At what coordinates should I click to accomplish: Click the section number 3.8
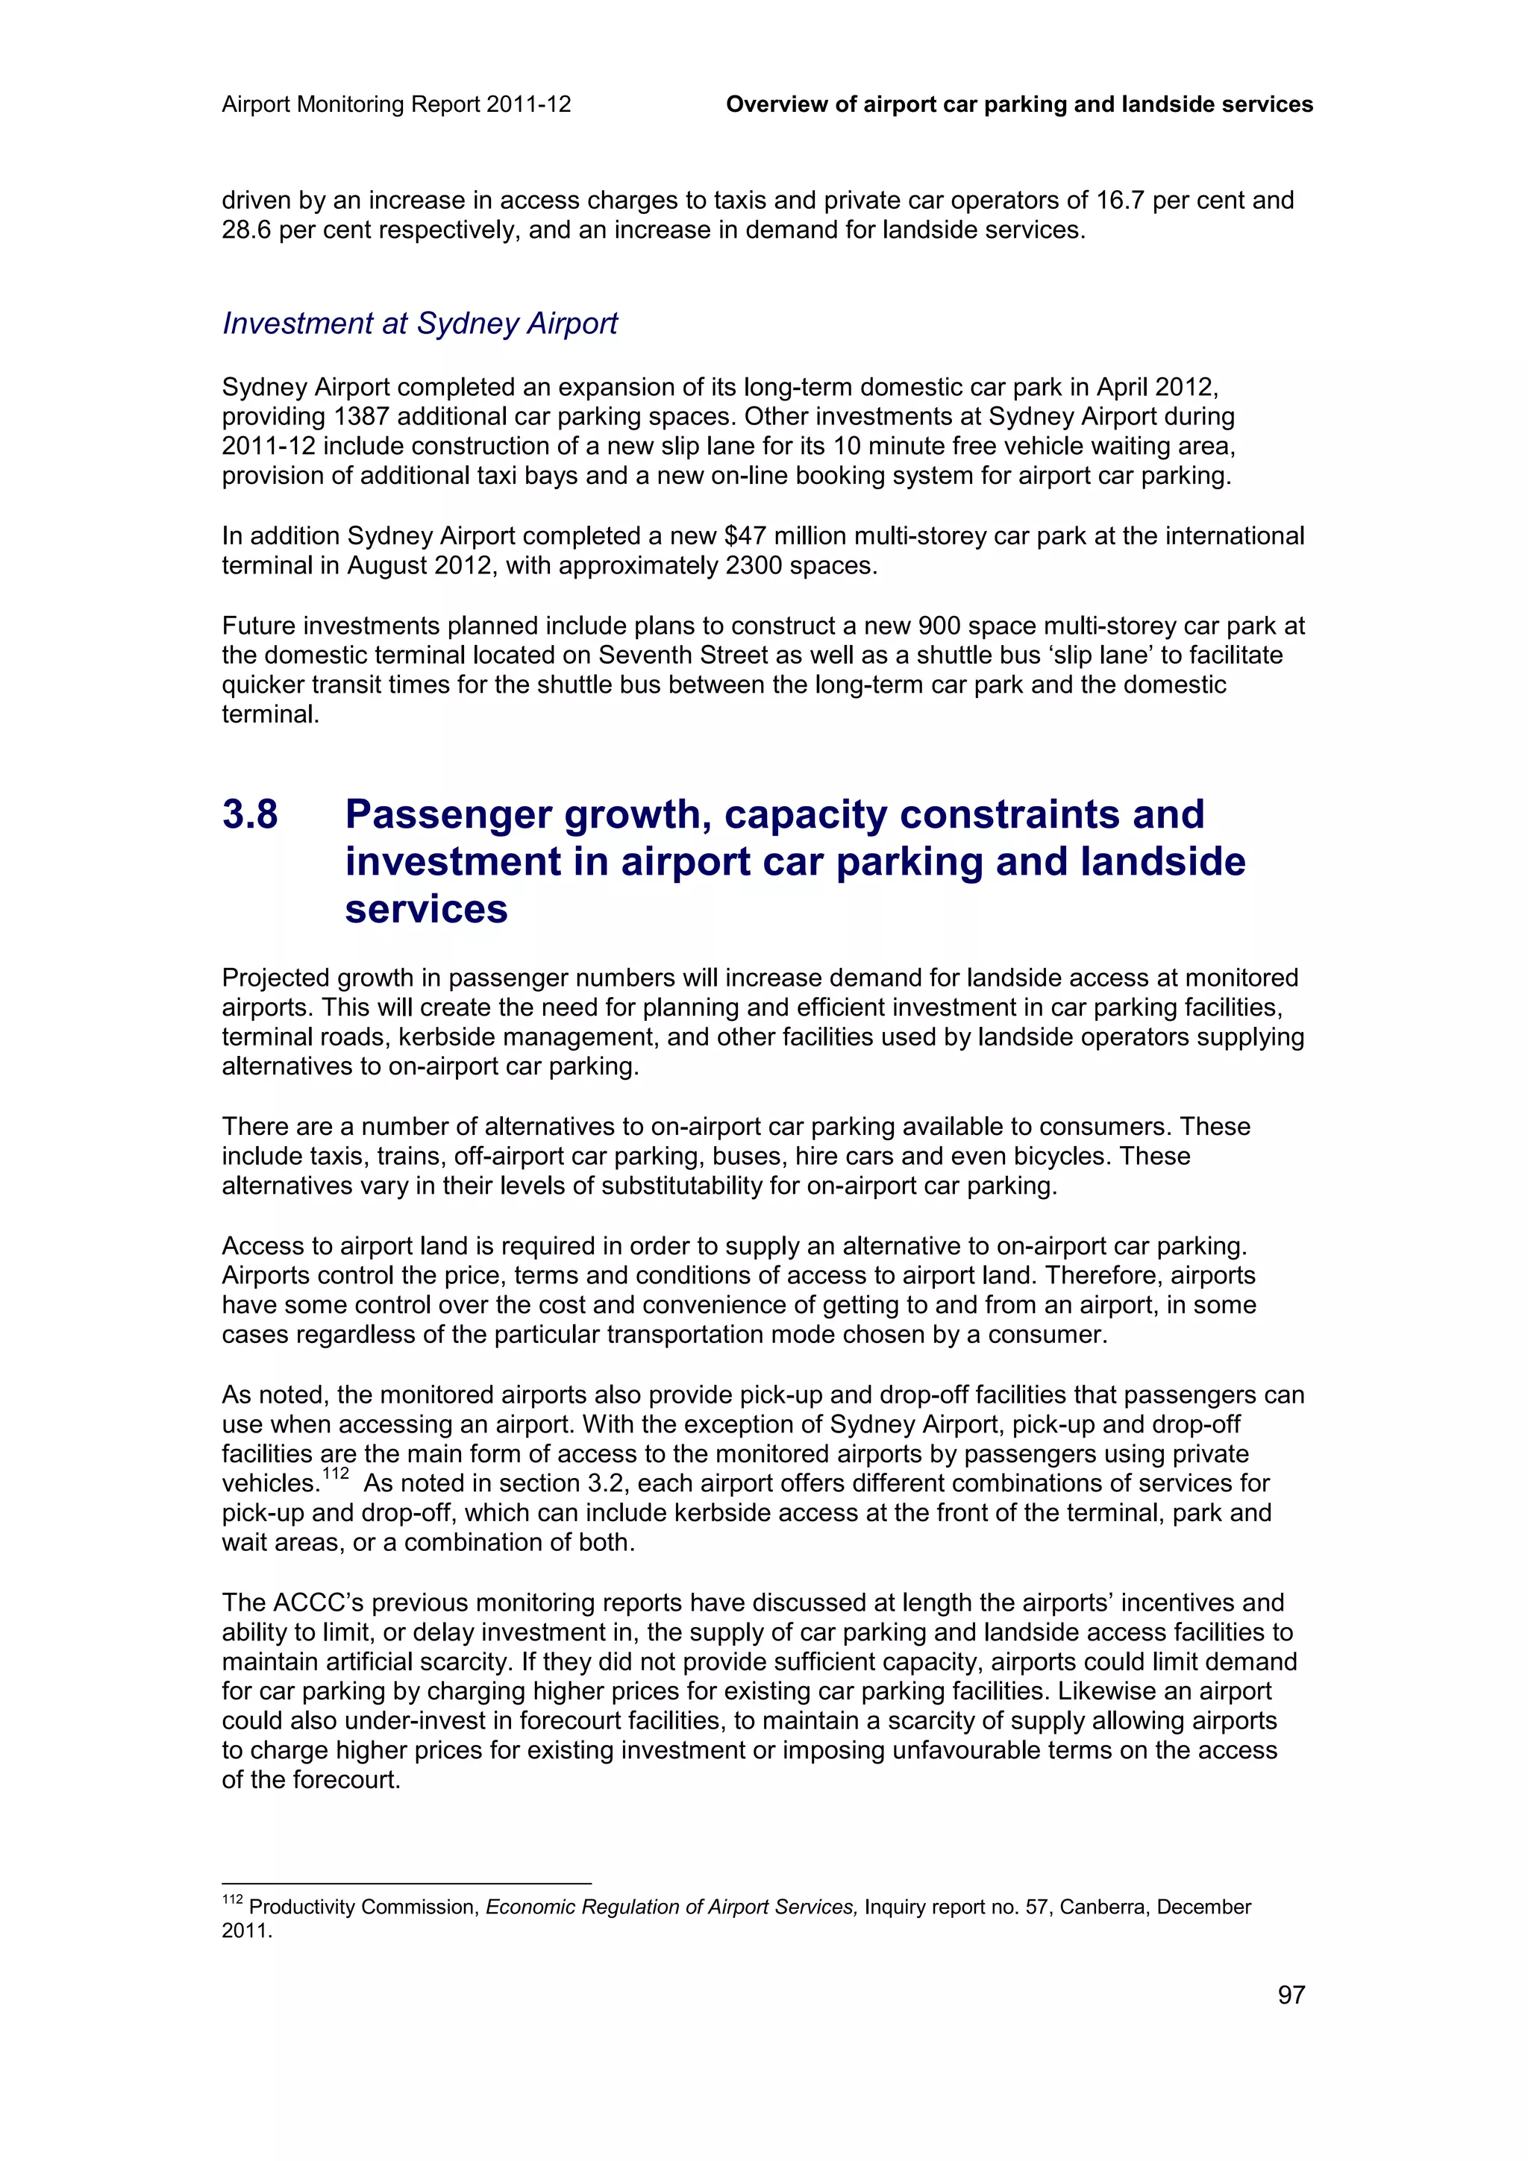point(251,814)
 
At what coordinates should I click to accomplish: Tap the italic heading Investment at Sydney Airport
point(420,323)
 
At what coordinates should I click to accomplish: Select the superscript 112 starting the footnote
point(231,1899)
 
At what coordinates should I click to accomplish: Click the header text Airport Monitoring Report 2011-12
point(396,104)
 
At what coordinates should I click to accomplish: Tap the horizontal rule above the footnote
point(406,1884)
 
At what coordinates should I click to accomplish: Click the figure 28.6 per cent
point(247,230)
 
